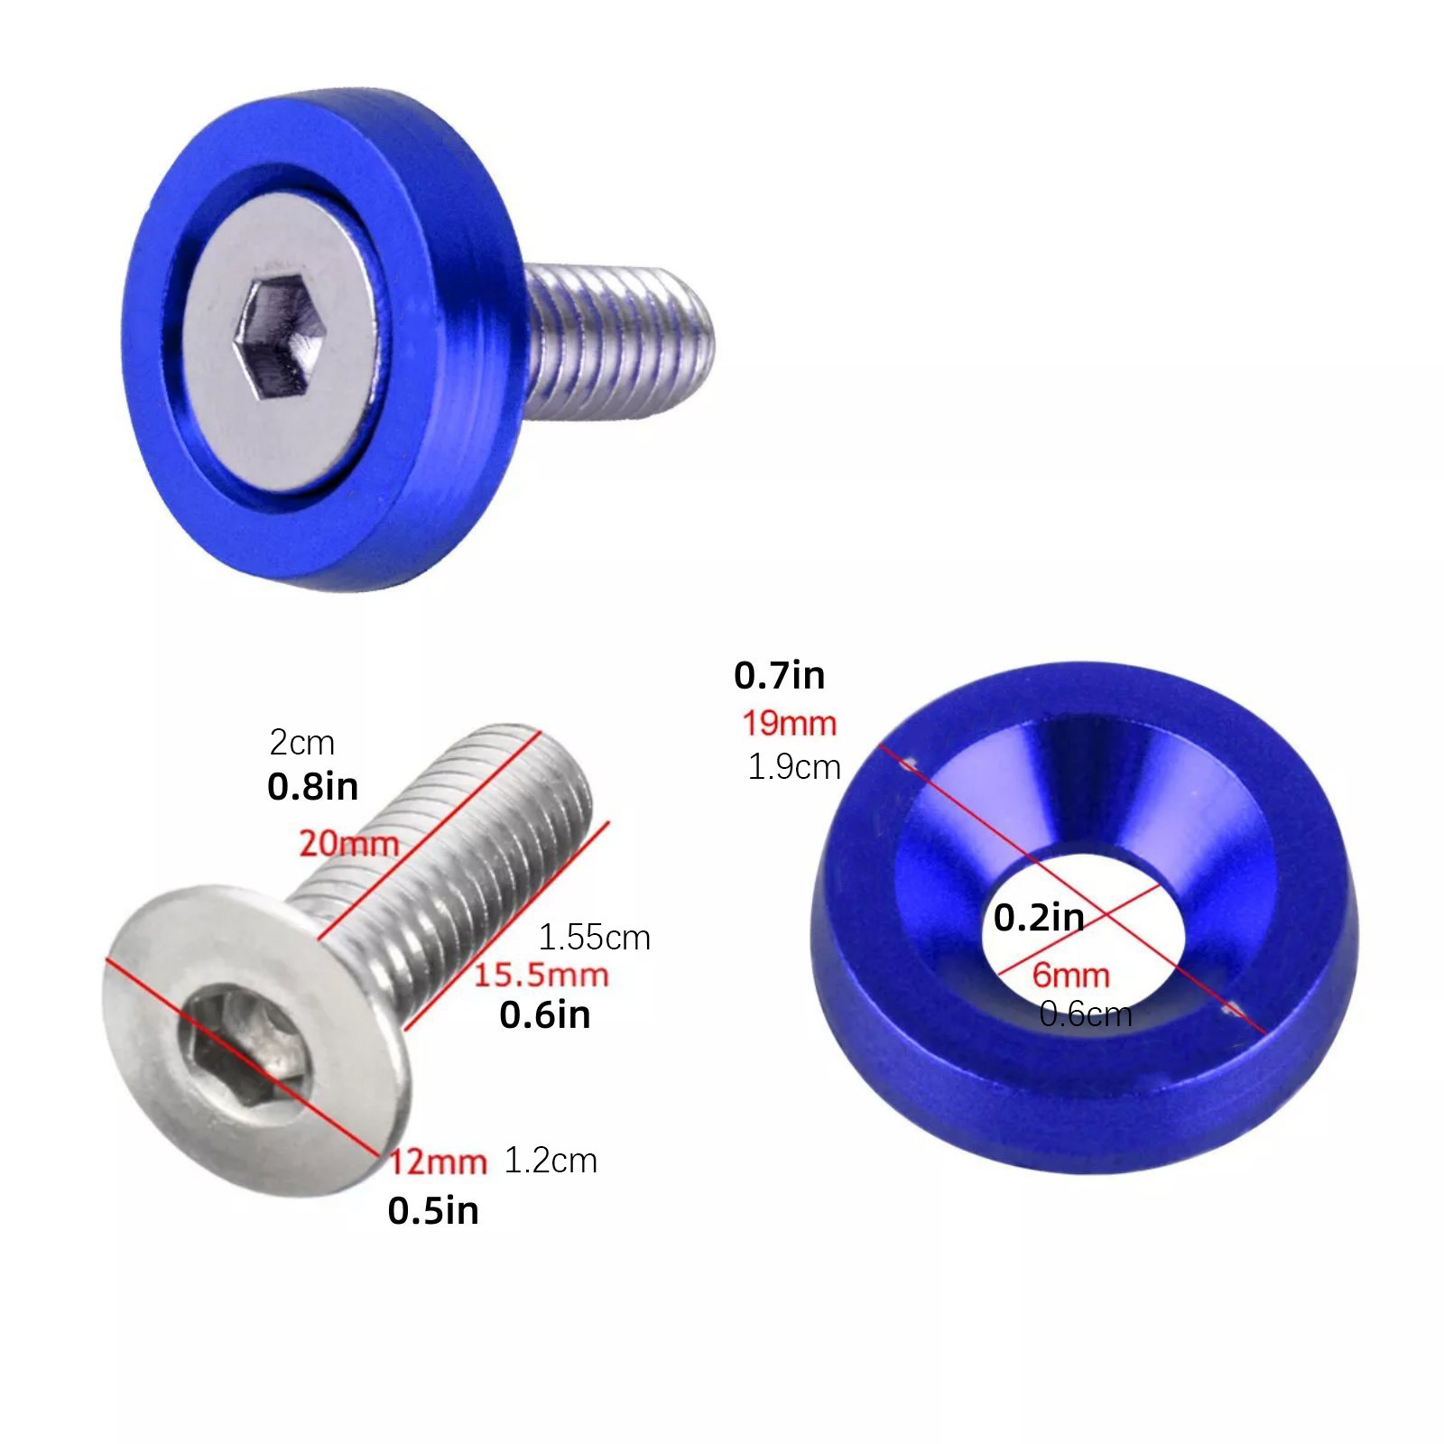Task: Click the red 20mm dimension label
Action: (x=348, y=844)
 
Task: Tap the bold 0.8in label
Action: (x=312, y=787)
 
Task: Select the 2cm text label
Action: (x=302, y=743)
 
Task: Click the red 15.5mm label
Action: (x=541, y=975)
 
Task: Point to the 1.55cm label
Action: (x=594, y=938)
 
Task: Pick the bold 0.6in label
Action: (x=544, y=1015)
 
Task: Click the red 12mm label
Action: (x=438, y=1162)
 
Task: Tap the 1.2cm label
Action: (x=551, y=1161)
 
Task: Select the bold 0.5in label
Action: (x=433, y=1211)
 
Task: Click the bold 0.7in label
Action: (x=779, y=675)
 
